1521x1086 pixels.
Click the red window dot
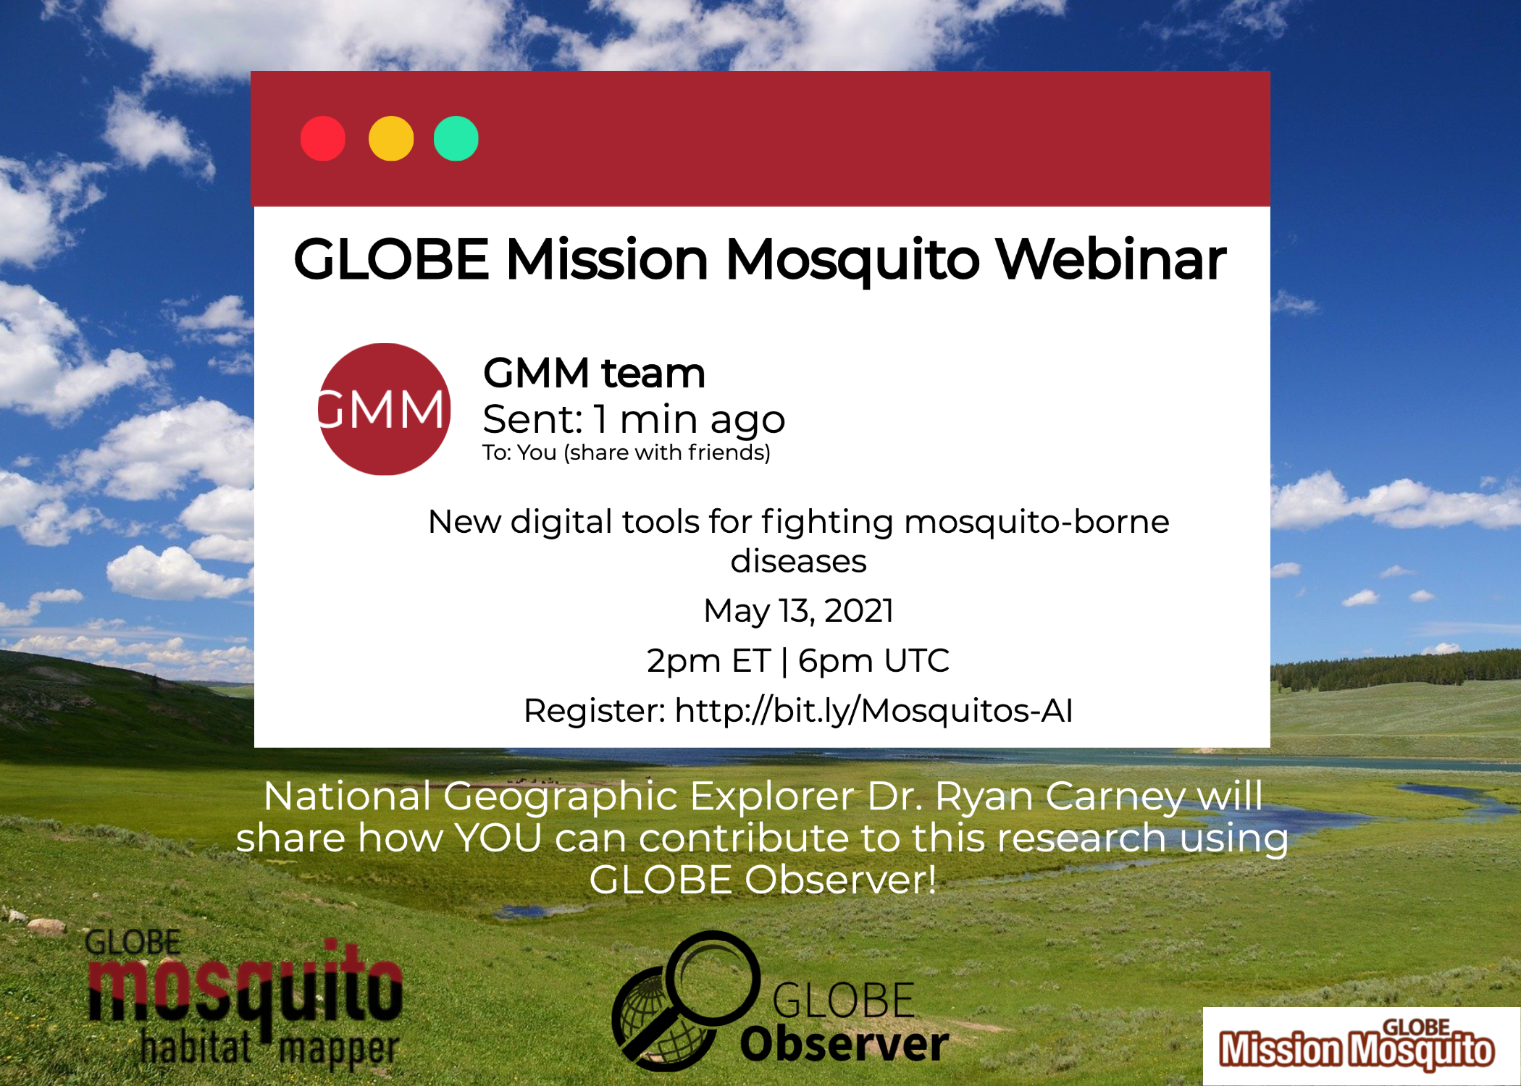click(323, 138)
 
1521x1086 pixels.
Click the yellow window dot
click(391, 138)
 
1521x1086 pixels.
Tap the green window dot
click(456, 138)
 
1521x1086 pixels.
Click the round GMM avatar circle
click(385, 409)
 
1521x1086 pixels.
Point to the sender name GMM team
click(594, 373)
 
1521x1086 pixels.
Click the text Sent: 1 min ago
click(634, 419)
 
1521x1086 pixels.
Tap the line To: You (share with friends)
click(627, 452)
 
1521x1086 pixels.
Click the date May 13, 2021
click(798, 610)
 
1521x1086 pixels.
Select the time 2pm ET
click(708, 660)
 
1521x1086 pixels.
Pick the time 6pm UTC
click(873, 660)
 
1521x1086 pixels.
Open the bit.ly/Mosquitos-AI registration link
click(873, 710)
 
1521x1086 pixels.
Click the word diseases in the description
click(798, 561)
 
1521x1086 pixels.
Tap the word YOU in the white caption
click(499, 838)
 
